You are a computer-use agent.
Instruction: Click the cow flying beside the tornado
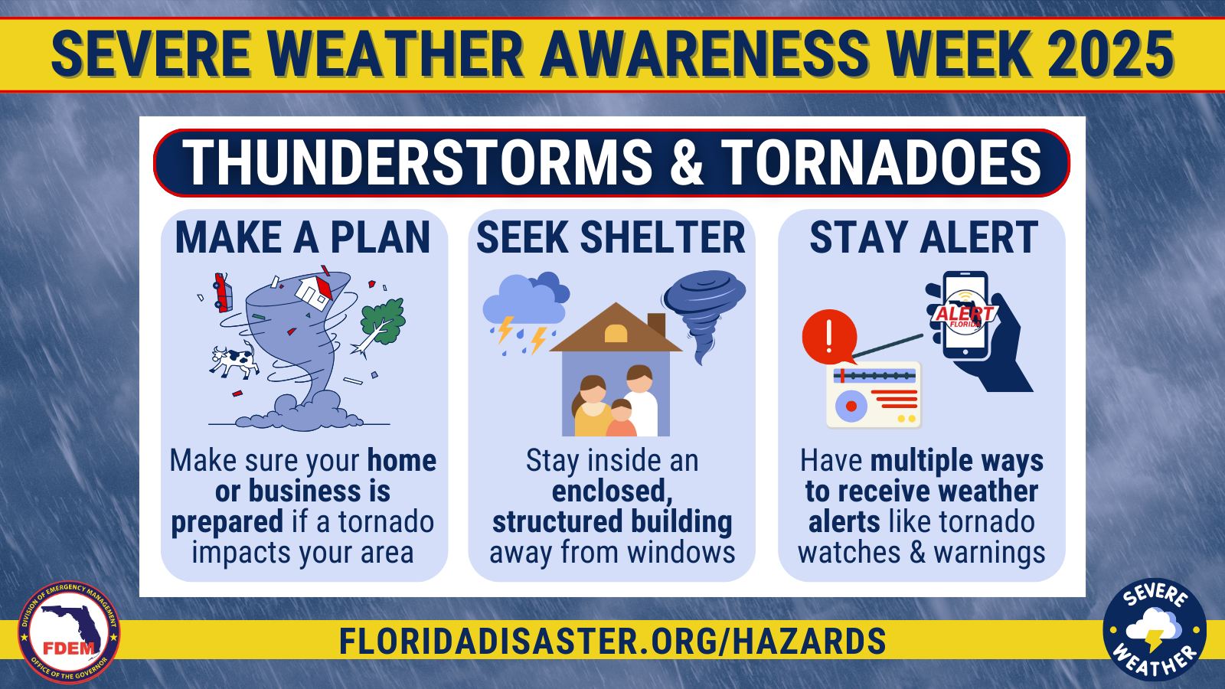234,360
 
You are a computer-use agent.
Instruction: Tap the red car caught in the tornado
222,292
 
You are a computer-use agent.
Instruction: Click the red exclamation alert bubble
829,337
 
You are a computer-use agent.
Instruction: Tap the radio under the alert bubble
874,394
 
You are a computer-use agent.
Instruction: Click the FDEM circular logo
69,632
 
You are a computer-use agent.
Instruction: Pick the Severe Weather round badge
1155,629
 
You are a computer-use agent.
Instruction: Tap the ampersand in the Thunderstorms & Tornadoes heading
686,162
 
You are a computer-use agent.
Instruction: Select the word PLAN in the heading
380,237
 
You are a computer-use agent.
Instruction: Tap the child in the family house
621,418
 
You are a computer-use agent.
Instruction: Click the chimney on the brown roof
656,325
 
